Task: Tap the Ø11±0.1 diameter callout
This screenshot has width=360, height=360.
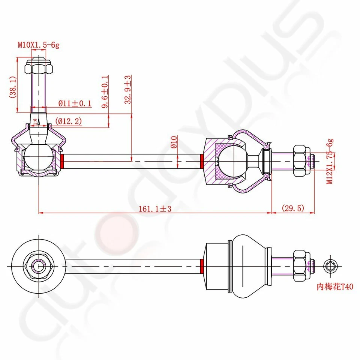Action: (75, 103)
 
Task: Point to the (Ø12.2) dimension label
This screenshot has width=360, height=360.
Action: (68, 121)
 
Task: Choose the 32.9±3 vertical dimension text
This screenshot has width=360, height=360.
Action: (128, 89)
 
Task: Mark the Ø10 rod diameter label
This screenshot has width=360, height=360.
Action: (174, 142)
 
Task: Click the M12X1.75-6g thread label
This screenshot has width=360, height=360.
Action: (329, 161)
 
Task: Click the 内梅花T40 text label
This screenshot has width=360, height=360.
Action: (335, 287)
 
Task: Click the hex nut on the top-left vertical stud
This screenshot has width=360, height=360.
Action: (38, 68)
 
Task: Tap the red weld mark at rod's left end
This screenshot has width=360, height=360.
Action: (63, 161)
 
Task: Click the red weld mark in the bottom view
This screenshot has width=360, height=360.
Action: (202, 266)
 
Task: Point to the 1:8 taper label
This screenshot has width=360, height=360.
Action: (35, 121)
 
